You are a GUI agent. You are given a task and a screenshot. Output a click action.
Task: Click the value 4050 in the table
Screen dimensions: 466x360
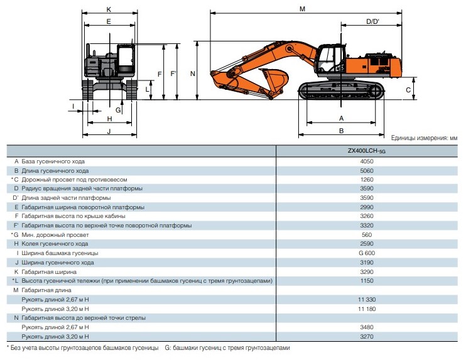[x=366, y=161]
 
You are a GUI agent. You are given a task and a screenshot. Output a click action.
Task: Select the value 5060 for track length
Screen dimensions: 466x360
[x=366, y=171]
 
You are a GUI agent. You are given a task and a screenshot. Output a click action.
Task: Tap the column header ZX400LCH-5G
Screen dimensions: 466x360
[x=366, y=151]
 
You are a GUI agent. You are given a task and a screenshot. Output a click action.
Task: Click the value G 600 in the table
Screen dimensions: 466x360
[x=366, y=253]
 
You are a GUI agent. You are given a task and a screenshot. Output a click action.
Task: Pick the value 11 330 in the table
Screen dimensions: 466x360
[x=367, y=299]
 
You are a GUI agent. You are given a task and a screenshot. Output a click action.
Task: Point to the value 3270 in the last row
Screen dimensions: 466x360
[x=366, y=337]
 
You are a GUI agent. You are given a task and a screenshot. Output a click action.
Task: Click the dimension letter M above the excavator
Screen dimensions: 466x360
[x=302, y=9]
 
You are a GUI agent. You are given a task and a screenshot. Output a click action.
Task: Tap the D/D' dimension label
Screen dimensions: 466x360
[x=372, y=21]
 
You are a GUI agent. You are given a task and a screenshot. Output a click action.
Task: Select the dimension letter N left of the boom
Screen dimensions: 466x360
[x=193, y=74]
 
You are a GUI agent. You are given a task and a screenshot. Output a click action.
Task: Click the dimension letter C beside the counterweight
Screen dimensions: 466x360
[x=408, y=90]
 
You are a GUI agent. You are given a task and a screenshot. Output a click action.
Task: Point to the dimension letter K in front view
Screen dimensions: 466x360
[x=109, y=9]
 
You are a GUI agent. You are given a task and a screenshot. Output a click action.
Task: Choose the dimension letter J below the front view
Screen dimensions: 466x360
[x=109, y=131]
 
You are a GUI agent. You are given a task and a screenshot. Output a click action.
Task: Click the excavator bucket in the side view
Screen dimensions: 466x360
[x=274, y=80]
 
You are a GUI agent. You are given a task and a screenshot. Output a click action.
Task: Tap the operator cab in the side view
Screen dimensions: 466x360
[x=329, y=59]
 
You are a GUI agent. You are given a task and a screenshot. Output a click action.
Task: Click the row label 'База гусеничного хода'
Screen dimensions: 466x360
[x=53, y=161]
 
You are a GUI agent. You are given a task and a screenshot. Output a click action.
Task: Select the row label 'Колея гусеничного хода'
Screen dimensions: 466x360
[x=55, y=244]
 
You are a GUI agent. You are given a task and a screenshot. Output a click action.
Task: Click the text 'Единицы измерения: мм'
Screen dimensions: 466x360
[x=424, y=138]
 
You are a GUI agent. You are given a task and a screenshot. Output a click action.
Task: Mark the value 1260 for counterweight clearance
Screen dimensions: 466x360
[x=366, y=180]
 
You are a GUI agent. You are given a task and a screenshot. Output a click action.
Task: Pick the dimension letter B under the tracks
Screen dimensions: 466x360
[x=341, y=131]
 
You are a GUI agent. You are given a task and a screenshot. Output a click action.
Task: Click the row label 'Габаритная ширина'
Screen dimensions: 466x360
[x=49, y=271]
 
